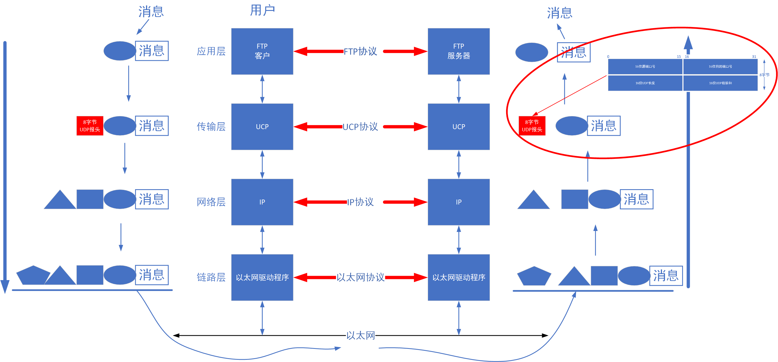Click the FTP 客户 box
coord(262,51)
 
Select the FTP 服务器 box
coord(458,51)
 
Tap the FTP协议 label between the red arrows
coord(360,51)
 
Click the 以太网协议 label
coord(360,277)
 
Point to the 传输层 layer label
coord(211,126)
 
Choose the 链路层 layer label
coord(211,277)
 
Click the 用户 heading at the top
coord(262,10)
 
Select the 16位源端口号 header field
coord(645,66)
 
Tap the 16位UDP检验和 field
coord(720,83)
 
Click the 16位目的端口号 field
coord(720,66)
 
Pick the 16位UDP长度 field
coord(645,83)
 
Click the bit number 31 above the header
coord(754,57)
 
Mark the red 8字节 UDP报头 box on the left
coord(90,126)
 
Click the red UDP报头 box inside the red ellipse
coord(532,126)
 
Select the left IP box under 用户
coord(262,202)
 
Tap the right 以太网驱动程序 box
coord(458,277)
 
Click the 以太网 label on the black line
coord(360,336)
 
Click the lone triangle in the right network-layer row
coord(533,201)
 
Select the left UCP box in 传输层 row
coord(262,126)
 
